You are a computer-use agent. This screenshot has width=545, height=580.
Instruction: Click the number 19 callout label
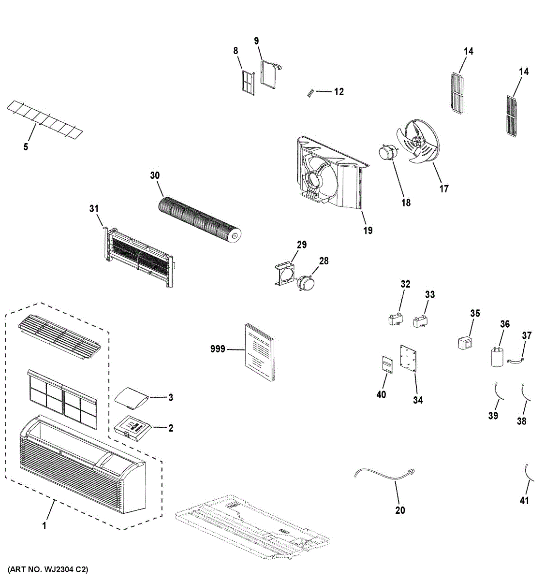(x=368, y=230)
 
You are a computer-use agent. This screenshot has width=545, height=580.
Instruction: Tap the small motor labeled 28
(x=306, y=282)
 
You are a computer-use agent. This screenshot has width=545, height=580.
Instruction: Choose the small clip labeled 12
(x=312, y=93)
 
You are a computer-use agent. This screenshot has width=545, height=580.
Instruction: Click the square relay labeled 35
(x=465, y=343)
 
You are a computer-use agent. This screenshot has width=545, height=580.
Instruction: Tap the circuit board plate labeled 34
(x=409, y=359)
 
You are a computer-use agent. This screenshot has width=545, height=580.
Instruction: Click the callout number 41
(x=525, y=501)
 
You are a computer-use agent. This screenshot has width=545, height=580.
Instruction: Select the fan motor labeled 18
(x=385, y=153)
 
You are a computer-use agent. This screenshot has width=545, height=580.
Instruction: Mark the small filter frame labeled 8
(x=247, y=82)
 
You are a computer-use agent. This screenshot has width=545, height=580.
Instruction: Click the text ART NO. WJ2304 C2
(x=48, y=569)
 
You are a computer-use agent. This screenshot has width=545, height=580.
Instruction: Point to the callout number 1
(x=44, y=526)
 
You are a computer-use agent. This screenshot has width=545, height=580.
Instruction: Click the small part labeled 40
(x=386, y=364)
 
